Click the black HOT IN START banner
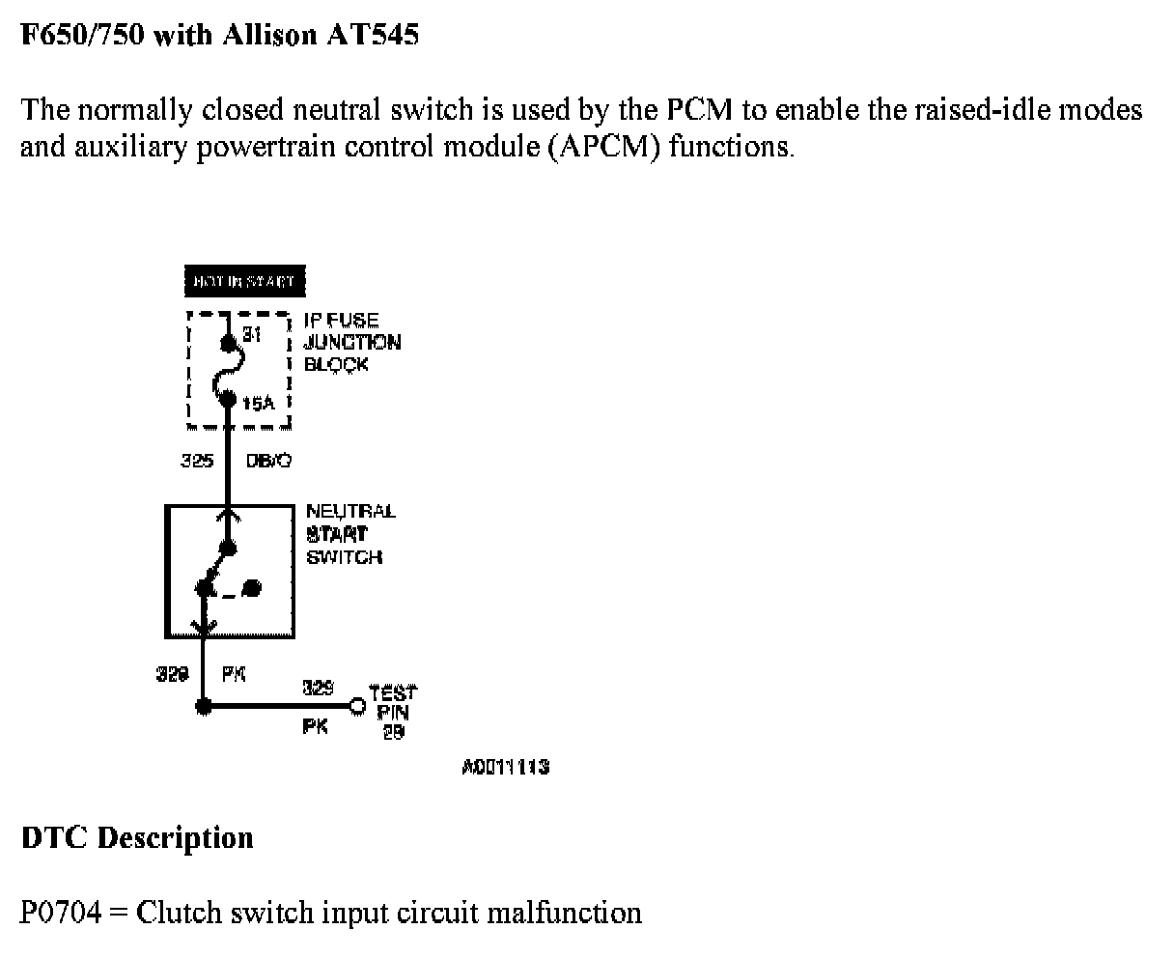(x=244, y=282)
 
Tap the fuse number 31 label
(x=252, y=334)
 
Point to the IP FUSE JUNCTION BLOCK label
(x=351, y=342)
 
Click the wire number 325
(x=197, y=461)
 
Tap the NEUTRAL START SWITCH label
(x=349, y=533)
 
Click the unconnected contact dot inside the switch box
(x=252, y=586)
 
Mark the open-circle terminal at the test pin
(x=357, y=706)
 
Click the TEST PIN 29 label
(x=393, y=712)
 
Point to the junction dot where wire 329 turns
(x=203, y=706)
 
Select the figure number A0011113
(x=506, y=767)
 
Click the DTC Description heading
(x=137, y=836)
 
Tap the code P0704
(x=60, y=912)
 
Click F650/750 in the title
(x=81, y=36)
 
